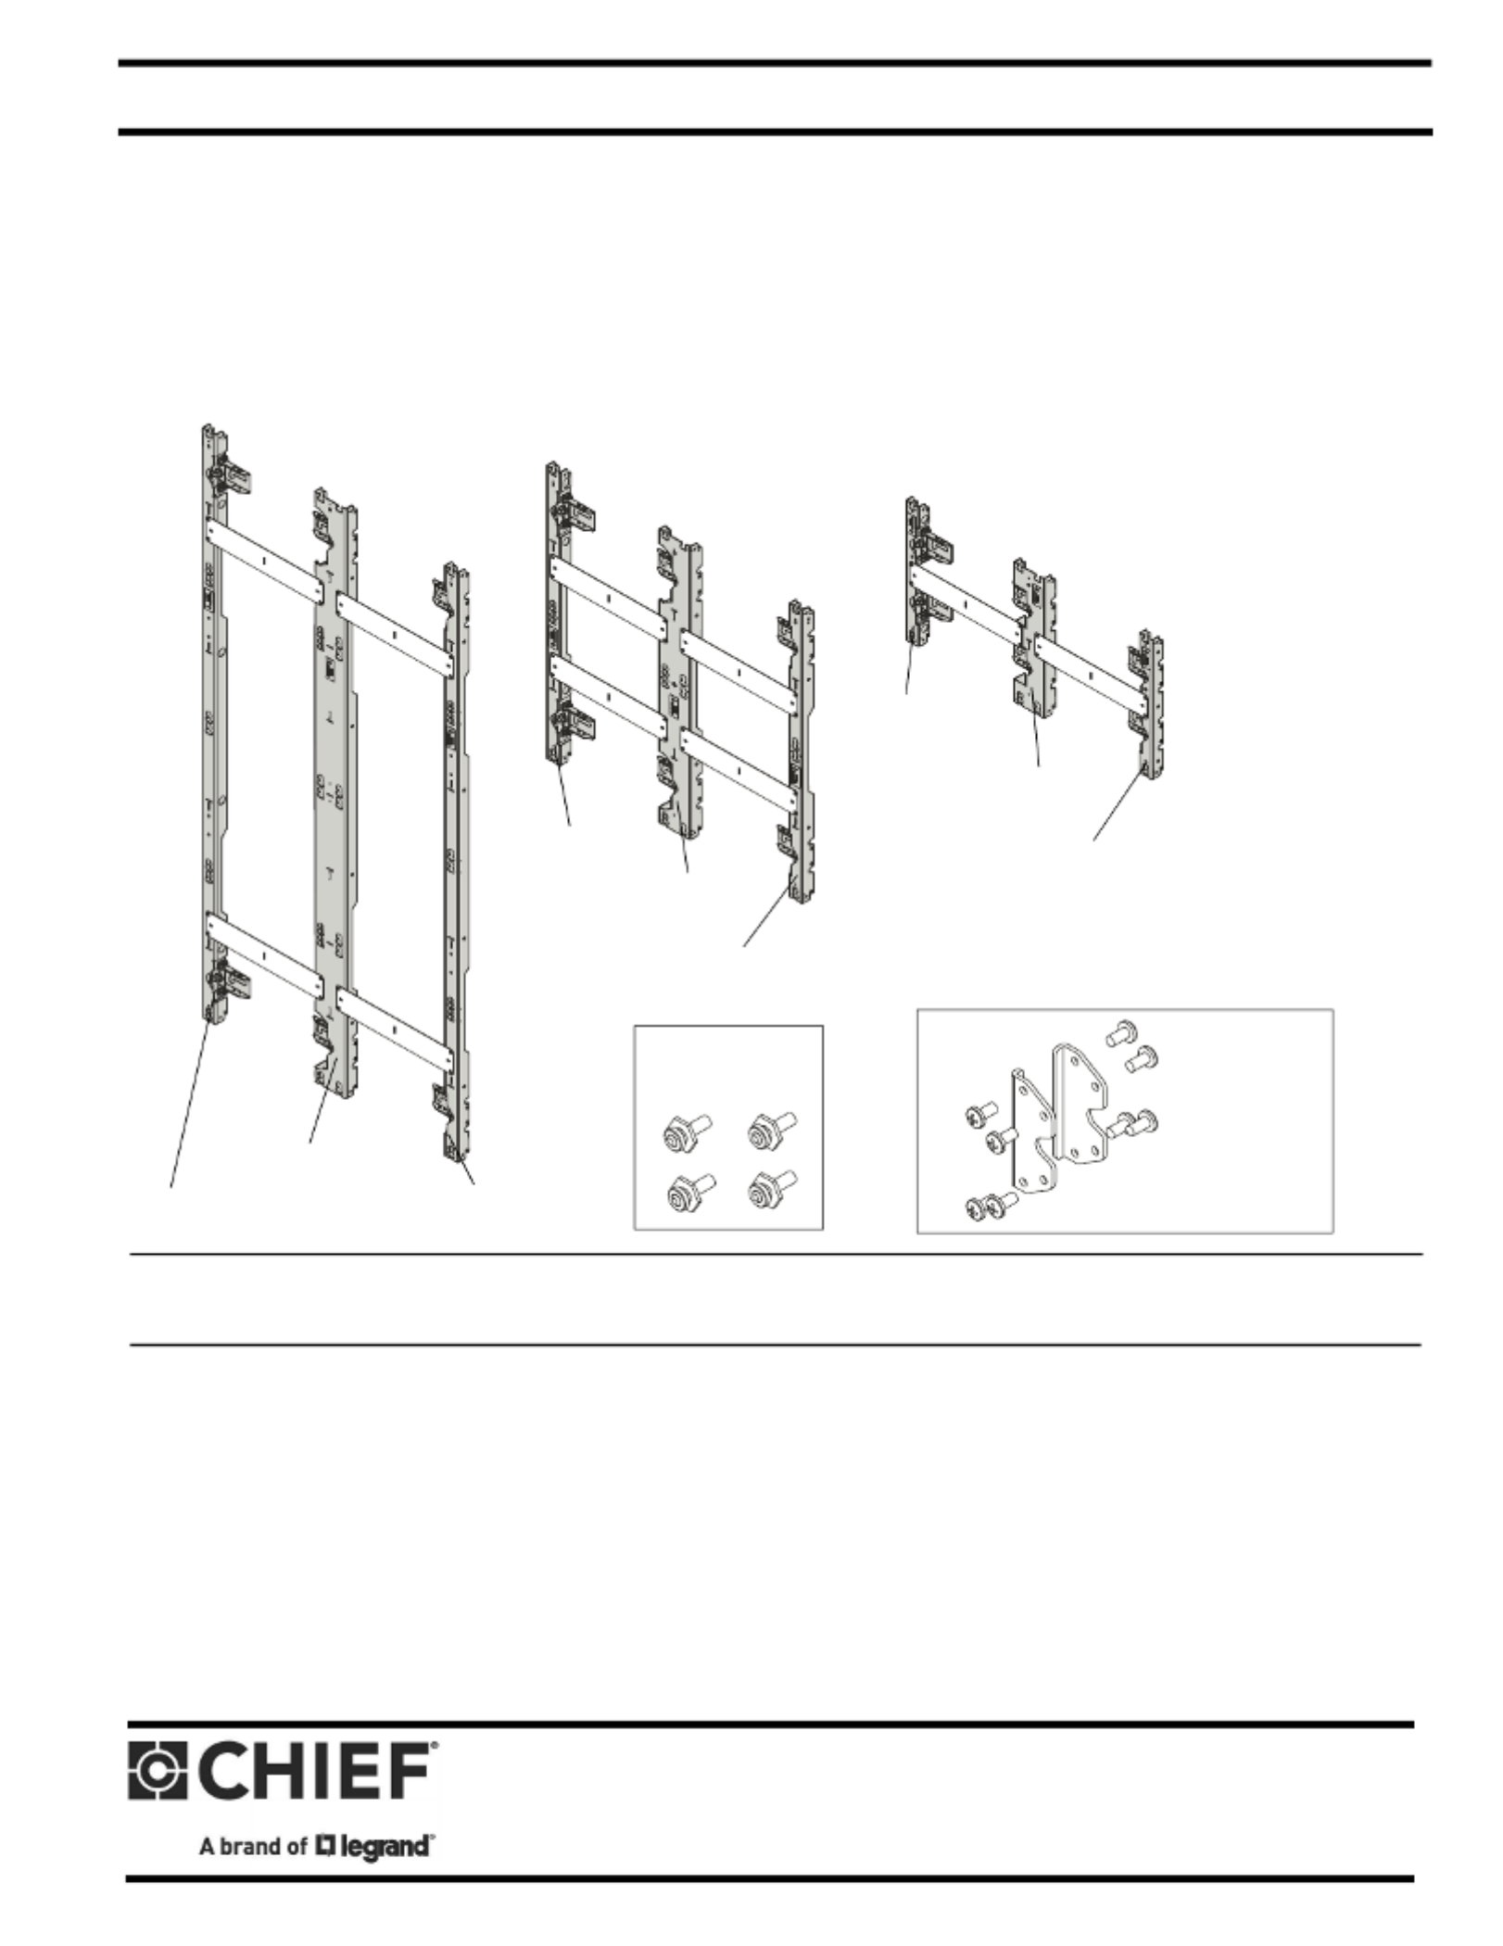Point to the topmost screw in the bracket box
[1122, 1031]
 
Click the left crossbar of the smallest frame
[966, 596]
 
